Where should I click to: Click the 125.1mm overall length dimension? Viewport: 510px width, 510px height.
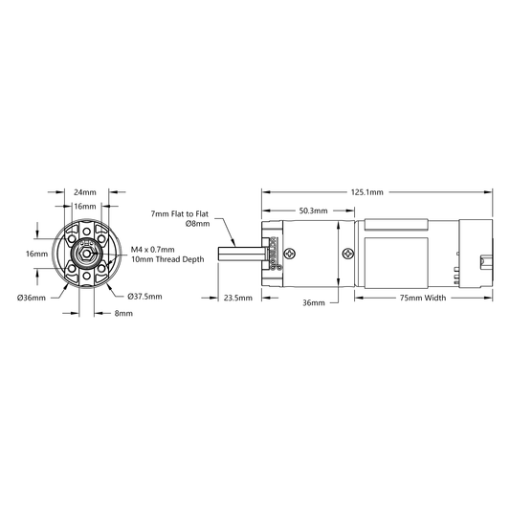click(x=366, y=192)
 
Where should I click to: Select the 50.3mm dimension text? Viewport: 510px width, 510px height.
click(x=313, y=211)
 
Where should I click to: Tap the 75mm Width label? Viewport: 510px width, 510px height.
click(x=423, y=298)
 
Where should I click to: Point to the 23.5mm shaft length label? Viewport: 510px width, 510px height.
click(x=237, y=298)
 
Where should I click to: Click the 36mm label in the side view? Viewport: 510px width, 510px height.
click(x=314, y=302)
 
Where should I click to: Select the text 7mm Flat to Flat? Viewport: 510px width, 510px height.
click(x=180, y=214)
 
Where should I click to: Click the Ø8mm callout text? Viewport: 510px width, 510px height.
click(x=197, y=224)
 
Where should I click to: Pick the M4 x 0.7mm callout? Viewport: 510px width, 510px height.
click(x=152, y=250)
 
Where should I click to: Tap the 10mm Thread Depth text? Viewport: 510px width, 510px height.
click(x=167, y=259)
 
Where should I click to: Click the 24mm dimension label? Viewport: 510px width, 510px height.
click(x=85, y=192)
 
